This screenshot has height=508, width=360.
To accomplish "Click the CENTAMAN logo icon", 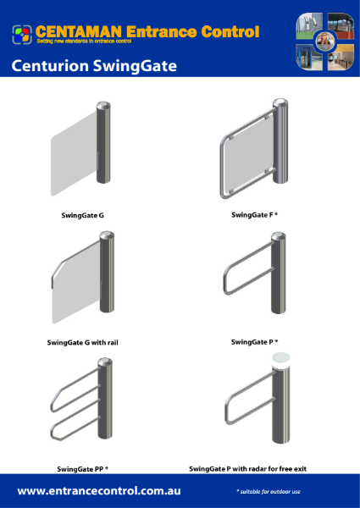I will (22, 34).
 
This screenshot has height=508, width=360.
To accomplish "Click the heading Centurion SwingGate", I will (94, 66).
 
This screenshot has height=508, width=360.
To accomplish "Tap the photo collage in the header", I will (321, 41).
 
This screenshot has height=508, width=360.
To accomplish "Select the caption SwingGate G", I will (82, 216).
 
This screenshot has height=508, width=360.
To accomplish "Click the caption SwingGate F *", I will (254, 215).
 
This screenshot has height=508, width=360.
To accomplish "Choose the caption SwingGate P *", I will (254, 342).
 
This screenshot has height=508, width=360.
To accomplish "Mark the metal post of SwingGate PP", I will (103, 402).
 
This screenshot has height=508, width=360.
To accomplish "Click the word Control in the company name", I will (227, 32).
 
